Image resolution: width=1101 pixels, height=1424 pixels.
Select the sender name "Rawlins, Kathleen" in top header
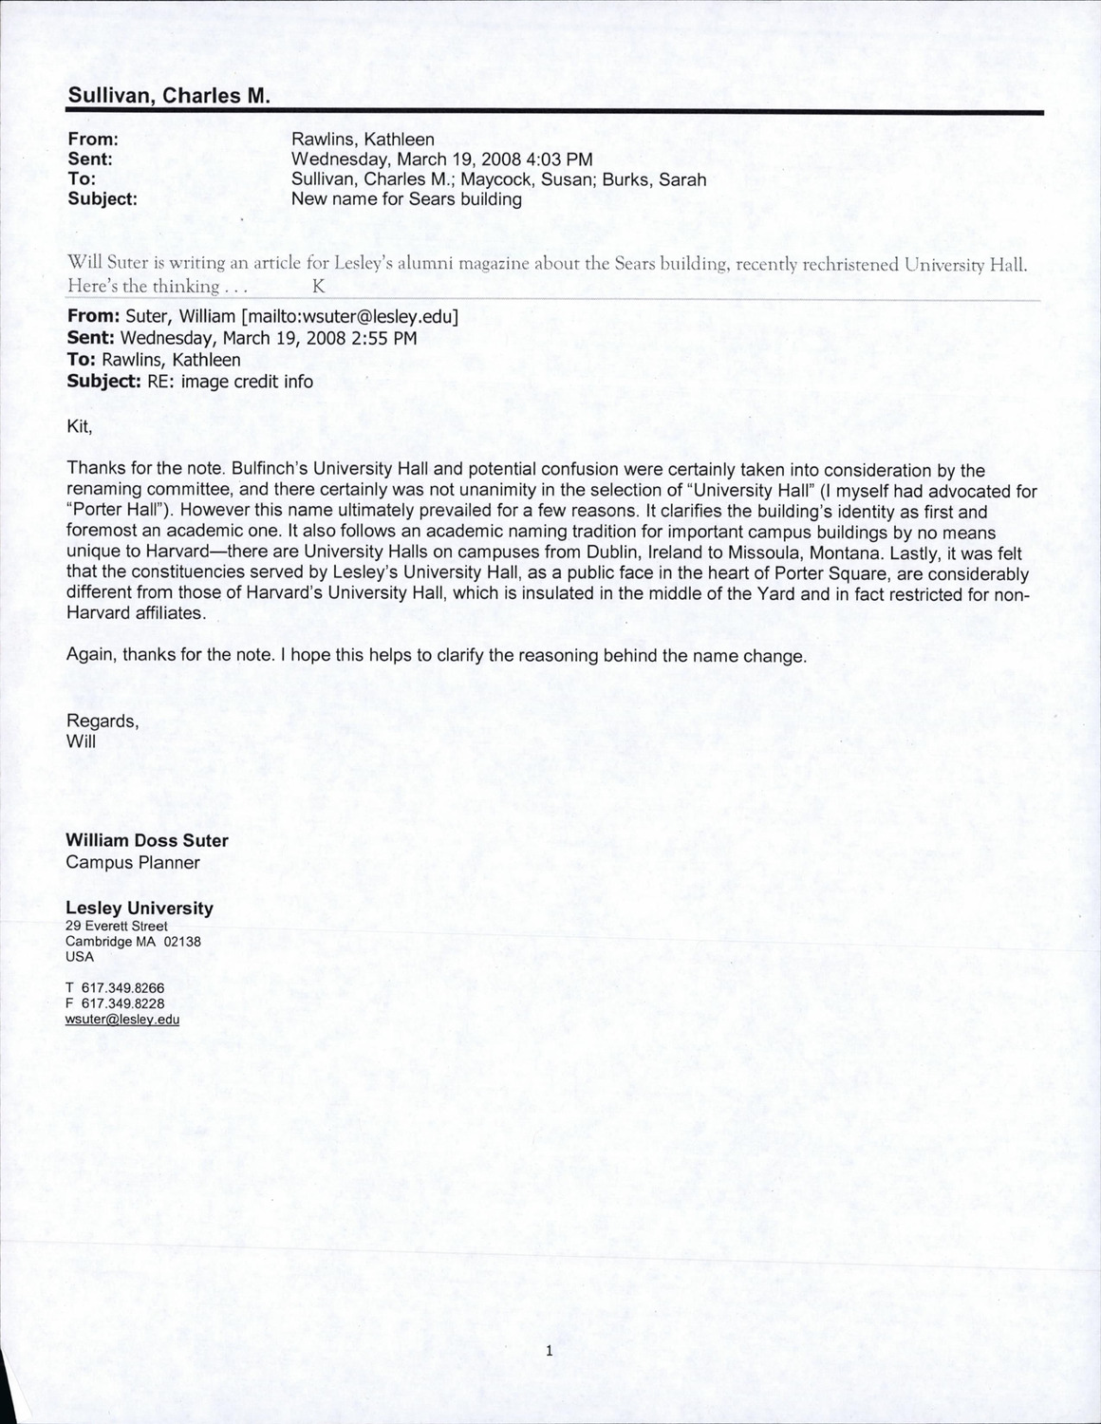[x=363, y=140]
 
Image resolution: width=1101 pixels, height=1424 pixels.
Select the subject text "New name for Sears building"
[x=406, y=199]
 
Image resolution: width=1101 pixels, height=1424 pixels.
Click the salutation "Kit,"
[x=80, y=426]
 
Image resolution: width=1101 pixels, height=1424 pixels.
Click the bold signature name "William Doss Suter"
[x=147, y=841]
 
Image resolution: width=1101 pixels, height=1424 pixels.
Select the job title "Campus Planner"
[x=133, y=863]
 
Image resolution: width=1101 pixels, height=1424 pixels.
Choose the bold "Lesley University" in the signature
[x=140, y=909]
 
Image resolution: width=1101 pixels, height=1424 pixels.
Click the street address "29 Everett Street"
[x=117, y=927]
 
